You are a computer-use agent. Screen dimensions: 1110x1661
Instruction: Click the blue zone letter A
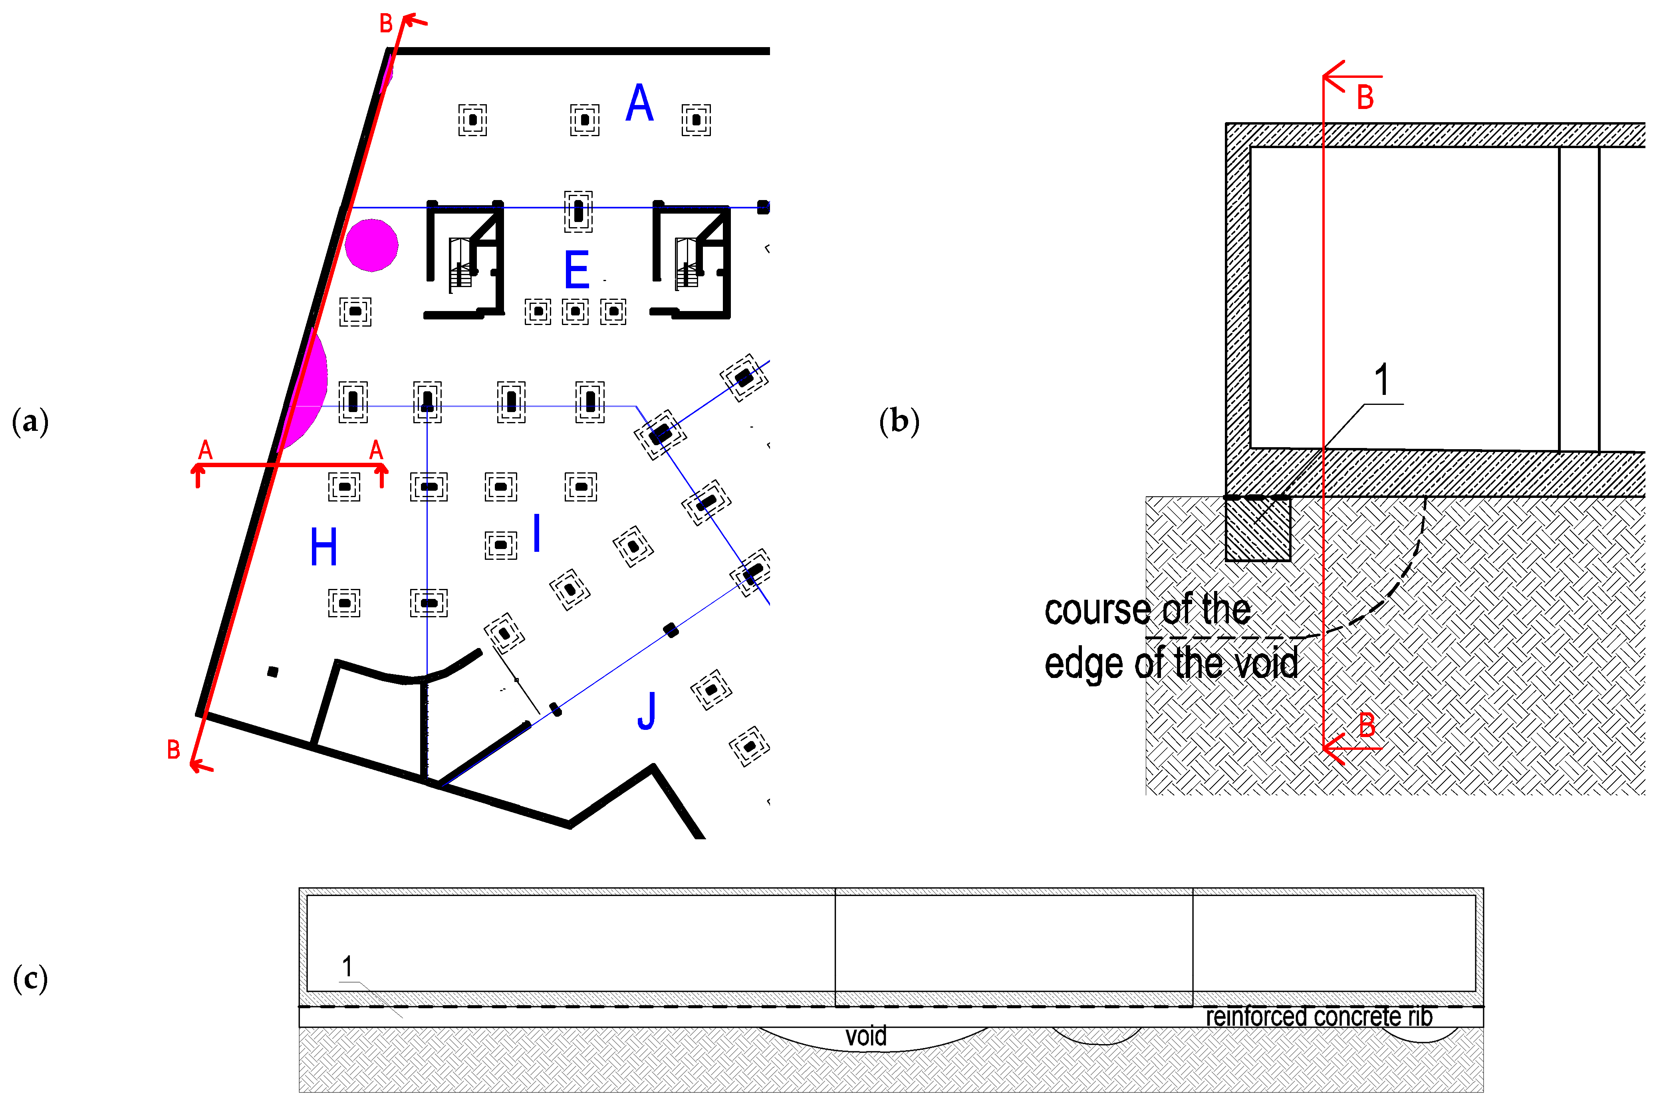tap(639, 103)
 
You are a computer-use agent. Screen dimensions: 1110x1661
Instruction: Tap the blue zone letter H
tap(323, 547)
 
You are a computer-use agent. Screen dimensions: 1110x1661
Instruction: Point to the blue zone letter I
tap(537, 532)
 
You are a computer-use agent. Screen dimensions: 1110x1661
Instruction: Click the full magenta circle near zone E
tap(372, 245)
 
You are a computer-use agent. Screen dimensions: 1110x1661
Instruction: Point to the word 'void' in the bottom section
tap(866, 1037)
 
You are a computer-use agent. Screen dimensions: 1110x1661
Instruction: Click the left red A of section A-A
tap(205, 450)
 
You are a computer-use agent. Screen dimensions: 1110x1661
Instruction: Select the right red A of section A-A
tap(376, 450)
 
